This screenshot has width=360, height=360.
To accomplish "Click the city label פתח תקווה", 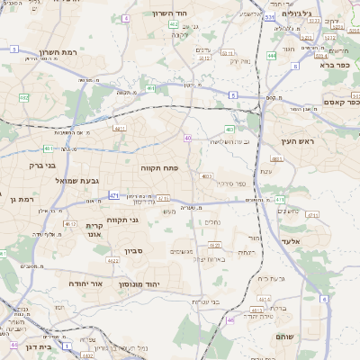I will click(x=159, y=167).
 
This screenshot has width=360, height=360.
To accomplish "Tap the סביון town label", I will click(x=133, y=252).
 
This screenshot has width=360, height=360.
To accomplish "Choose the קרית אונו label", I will click(x=94, y=230).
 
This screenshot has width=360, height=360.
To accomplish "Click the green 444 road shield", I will click(x=271, y=57).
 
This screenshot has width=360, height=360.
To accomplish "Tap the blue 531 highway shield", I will click(x=270, y=16).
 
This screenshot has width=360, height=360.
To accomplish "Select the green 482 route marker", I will click(x=23, y=96).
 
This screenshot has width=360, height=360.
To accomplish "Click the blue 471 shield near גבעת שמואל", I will click(x=113, y=195).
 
